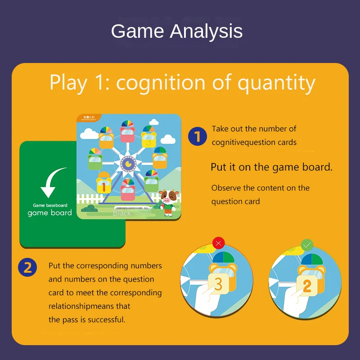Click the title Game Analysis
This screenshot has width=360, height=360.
(177, 31)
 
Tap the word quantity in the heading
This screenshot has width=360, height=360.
(276, 83)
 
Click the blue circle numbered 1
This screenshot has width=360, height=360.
(197, 136)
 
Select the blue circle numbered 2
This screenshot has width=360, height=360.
(27, 268)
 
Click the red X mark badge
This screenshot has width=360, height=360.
(219, 244)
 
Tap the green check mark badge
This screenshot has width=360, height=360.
(307, 246)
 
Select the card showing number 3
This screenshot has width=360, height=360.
(218, 284)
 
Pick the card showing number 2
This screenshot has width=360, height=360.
(307, 285)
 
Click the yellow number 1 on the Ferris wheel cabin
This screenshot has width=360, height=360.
(103, 185)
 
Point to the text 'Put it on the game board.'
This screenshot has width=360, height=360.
(271, 167)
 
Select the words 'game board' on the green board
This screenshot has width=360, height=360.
(50, 213)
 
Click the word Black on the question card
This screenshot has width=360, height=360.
(122, 213)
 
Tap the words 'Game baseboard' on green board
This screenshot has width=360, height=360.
(50, 205)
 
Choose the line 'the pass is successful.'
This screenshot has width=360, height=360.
(87, 319)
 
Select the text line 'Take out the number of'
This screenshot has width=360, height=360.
(254, 129)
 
